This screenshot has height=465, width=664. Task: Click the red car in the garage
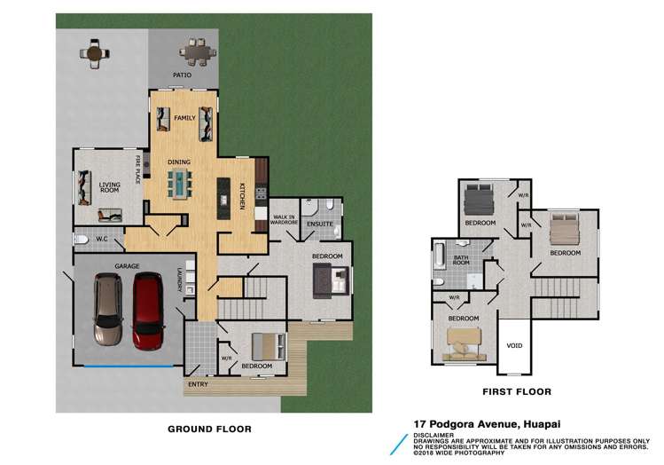click(x=148, y=310)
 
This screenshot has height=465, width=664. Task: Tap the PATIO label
click(x=183, y=75)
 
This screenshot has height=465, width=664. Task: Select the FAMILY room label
click(x=184, y=118)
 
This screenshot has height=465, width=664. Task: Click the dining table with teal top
click(x=181, y=185)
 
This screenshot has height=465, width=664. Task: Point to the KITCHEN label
click(x=241, y=194)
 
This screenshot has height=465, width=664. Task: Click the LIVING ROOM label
click(x=109, y=188)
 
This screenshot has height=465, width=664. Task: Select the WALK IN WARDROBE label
click(x=284, y=221)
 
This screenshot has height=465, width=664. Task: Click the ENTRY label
click(x=197, y=384)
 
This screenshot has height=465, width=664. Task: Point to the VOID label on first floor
click(x=513, y=346)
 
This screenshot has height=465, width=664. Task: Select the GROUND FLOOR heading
click(x=209, y=429)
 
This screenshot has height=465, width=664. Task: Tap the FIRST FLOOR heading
click(x=515, y=391)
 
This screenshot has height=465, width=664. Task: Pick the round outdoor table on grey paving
click(x=95, y=52)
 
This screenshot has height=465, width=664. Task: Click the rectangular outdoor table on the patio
click(x=197, y=51)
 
